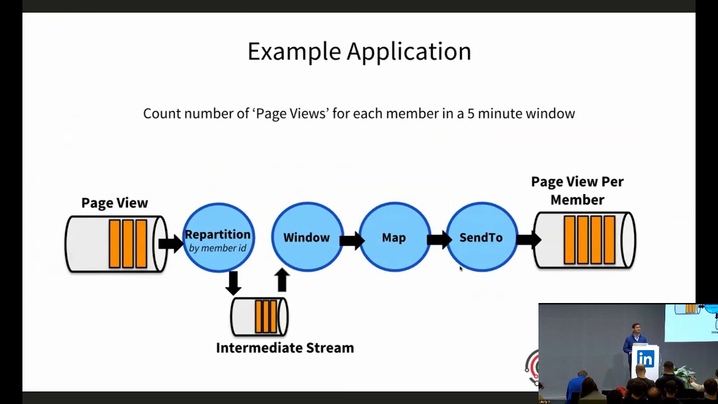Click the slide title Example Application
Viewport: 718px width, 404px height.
(359, 52)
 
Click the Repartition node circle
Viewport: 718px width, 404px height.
(218, 237)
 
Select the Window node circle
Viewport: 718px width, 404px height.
(306, 237)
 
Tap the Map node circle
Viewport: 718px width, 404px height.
(394, 237)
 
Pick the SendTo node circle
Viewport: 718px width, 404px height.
(481, 237)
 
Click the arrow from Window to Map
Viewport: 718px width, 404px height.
(352, 241)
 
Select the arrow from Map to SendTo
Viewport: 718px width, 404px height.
(439, 241)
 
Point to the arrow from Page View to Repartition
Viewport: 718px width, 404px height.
(171, 243)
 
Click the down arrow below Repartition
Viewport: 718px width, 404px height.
(233, 282)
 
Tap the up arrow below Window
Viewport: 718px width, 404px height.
(282, 280)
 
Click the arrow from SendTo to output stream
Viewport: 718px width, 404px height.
(528, 240)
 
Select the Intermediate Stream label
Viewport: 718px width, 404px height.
(285, 348)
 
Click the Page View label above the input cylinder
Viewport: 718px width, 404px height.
(114, 203)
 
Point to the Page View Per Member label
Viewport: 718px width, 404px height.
(577, 191)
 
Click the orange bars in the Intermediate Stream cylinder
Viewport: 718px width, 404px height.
(266, 316)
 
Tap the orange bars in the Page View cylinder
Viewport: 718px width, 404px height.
(128, 244)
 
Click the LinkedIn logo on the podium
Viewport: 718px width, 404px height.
(645, 359)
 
